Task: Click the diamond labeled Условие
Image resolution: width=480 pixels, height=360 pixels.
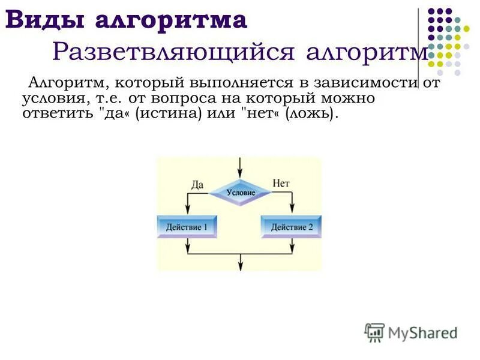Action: point(241,193)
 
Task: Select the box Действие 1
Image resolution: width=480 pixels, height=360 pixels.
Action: point(187,227)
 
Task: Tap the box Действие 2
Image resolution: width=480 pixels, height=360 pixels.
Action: point(292,227)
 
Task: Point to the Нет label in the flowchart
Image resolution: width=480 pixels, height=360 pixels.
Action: point(281,183)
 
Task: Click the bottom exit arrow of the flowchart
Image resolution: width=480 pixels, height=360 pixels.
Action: point(241,265)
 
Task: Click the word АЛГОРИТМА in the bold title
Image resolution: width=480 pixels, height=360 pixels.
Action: point(171,20)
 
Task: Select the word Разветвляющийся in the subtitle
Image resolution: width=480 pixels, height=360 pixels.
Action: point(174,52)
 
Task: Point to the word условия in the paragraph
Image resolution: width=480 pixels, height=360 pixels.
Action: point(49,98)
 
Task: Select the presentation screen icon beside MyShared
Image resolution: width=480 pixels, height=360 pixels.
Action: point(374,332)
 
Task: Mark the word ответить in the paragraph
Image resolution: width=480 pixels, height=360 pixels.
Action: point(54,113)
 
